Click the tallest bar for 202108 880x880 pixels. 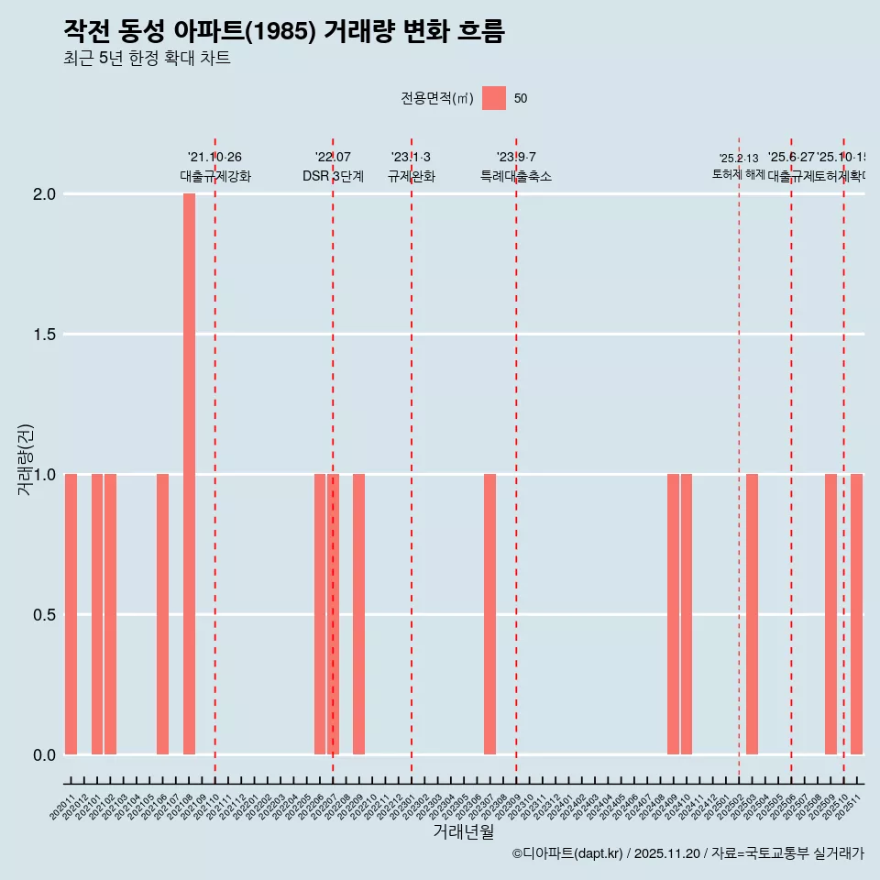[x=189, y=474]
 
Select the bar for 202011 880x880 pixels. [x=71, y=614]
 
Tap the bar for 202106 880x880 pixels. [x=162, y=614]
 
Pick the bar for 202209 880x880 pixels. [x=358, y=614]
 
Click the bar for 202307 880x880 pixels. [x=489, y=614]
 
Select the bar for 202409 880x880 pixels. [x=673, y=614]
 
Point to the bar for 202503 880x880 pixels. [x=752, y=614]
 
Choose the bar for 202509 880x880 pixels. [x=830, y=614]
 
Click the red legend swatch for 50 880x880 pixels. [x=494, y=98]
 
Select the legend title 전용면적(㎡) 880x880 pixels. [x=437, y=99]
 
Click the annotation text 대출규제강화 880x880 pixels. [x=214, y=176]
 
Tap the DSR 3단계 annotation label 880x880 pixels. [x=333, y=176]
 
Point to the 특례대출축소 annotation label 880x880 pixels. [x=516, y=176]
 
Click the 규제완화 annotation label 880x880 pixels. [x=411, y=176]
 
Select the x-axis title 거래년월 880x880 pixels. [x=463, y=831]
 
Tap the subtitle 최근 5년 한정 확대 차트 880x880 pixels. [x=147, y=59]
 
